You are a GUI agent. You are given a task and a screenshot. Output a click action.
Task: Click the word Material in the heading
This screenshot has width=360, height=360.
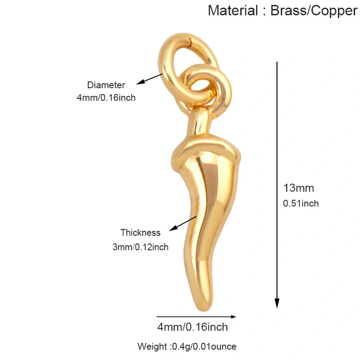coord(233,10)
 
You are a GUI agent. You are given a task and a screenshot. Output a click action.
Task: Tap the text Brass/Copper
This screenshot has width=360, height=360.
coord(314,11)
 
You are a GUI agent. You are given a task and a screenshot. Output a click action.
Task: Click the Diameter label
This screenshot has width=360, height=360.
coord(106,85)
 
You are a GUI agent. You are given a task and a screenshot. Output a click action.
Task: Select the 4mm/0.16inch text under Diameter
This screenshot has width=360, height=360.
coord(106,98)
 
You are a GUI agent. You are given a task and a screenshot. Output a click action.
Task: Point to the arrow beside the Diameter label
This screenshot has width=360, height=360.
coord(150,79)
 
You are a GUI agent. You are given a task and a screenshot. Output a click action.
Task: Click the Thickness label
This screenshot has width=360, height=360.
coord(140,233)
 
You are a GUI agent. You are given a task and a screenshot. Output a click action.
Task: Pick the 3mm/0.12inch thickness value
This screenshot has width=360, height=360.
coord(140,247)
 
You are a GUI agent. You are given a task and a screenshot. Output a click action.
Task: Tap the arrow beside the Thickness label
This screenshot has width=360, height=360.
coord(183,223)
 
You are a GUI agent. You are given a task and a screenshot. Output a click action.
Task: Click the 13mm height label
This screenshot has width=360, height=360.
coord(299,188)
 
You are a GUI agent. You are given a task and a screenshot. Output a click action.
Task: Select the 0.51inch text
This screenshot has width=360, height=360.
coord(301,203)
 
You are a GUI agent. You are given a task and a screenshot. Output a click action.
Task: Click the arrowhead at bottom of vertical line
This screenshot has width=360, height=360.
coord(277,303)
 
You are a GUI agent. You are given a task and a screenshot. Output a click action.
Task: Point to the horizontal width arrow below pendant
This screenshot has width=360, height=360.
coord(196,317)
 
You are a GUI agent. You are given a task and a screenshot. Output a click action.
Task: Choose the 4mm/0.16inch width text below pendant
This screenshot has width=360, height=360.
coord(193,327)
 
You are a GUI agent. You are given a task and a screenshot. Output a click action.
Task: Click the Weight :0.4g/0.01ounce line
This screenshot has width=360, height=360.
coord(187,346)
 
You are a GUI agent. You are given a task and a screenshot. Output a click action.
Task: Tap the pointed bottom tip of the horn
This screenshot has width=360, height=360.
coord(204,310)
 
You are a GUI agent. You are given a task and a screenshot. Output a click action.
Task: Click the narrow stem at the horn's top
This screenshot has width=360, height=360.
coord(199,124)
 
